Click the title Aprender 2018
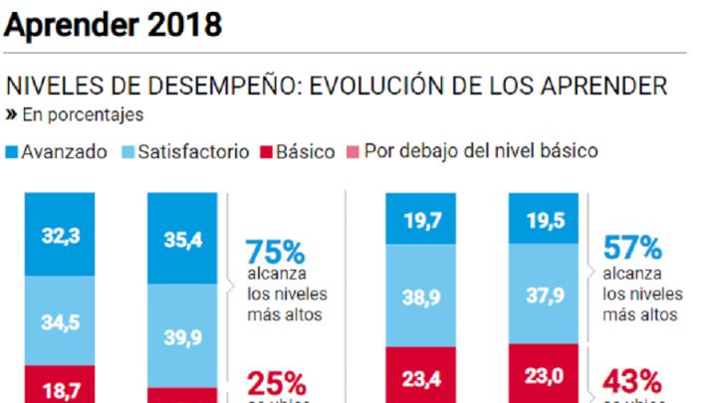click(113, 24)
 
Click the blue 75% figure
click(275, 252)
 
